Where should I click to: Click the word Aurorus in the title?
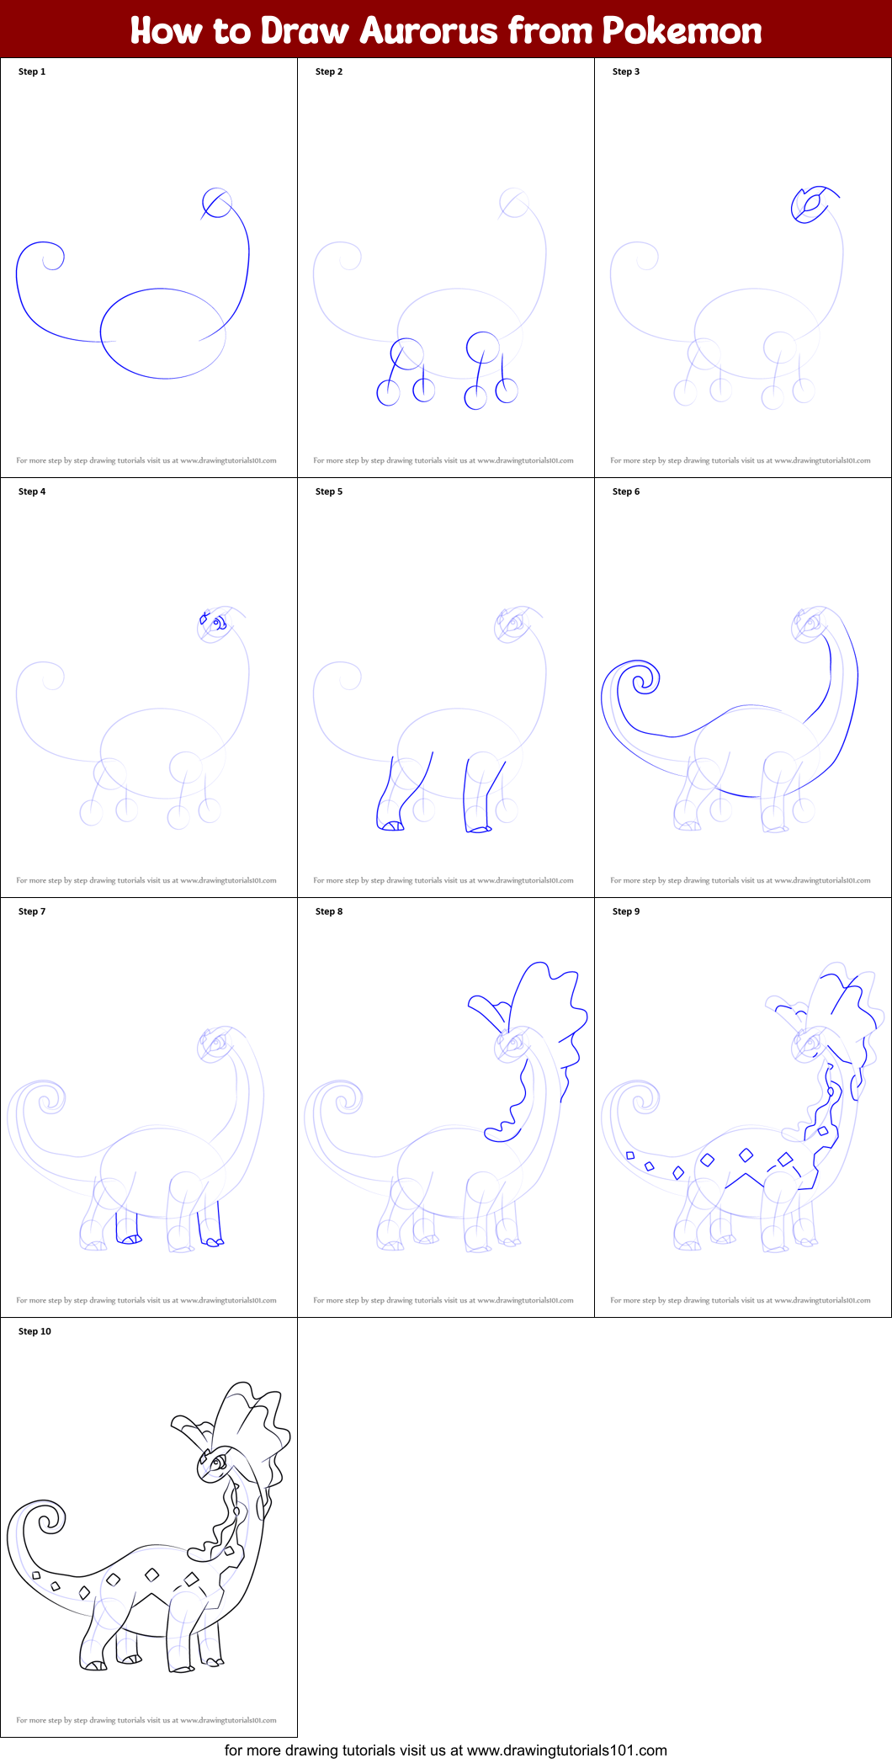(x=428, y=31)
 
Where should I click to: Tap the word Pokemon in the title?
(x=682, y=31)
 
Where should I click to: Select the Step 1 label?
(x=32, y=72)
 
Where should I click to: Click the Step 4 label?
(x=32, y=491)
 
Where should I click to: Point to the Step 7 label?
(x=32, y=911)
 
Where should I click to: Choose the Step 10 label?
(x=35, y=1331)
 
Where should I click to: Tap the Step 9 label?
(x=626, y=911)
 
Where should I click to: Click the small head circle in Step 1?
(x=216, y=203)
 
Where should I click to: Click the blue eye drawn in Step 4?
(x=218, y=624)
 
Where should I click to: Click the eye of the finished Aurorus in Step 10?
(x=216, y=1464)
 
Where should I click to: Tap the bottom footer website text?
(x=446, y=1750)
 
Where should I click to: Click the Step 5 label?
(x=329, y=491)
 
